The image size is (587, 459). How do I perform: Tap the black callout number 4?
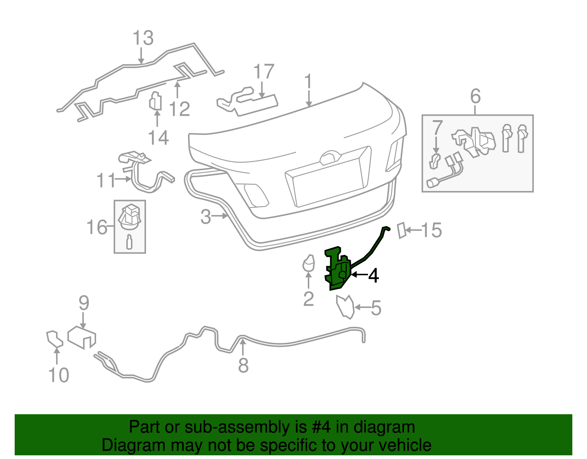[373, 275]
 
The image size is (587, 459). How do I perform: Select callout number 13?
[143, 38]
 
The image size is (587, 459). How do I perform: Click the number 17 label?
[263, 72]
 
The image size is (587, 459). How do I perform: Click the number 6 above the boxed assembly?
[475, 96]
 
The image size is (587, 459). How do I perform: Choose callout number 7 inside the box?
[437, 128]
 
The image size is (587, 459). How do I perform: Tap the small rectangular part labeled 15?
[402, 230]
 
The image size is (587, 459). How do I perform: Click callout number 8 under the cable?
[243, 365]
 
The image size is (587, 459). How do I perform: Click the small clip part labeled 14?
[156, 101]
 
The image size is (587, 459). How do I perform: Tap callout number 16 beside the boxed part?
[96, 227]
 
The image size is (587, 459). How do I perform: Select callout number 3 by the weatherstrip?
[205, 216]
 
